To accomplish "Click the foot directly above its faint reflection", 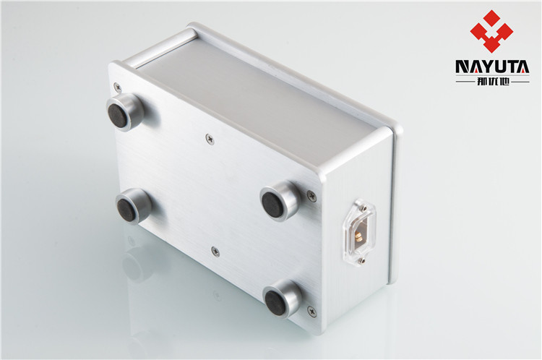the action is point(134,205).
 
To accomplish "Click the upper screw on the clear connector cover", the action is point(364,208).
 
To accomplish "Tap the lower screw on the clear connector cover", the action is point(361,260).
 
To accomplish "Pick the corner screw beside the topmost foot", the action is point(118,87).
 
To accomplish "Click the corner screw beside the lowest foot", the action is point(311,312).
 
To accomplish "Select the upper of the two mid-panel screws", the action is point(210,138).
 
